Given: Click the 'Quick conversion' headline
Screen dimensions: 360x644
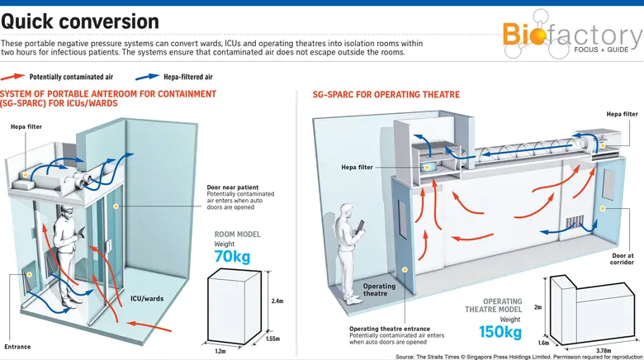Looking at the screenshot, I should click(x=80, y=21).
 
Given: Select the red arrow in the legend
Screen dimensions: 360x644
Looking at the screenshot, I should click(x=16, y=76).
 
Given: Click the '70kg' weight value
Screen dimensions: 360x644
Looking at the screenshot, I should click(x=232, y=257).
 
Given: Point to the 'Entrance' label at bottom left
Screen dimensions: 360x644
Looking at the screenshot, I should click(x=17, y=347).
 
